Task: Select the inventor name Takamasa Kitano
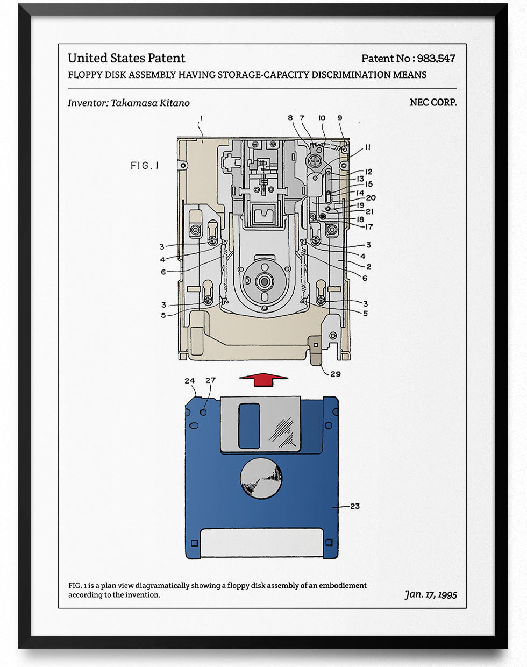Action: (150, 103)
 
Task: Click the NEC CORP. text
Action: (433, 102)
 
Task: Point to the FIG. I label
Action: (145, 166)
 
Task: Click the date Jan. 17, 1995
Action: (431, 594)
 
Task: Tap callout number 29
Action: (335, 374)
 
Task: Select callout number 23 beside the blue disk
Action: (354, 506)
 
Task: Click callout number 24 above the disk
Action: (189, 381)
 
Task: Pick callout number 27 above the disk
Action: (210, 380)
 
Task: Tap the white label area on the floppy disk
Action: (262, 542)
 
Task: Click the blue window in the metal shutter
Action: (248, 425)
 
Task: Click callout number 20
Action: (371, 198)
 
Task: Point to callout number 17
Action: (368, 226)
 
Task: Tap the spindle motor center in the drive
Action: (264, 281)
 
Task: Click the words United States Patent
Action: (126, 58)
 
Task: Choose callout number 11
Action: (367, 147)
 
